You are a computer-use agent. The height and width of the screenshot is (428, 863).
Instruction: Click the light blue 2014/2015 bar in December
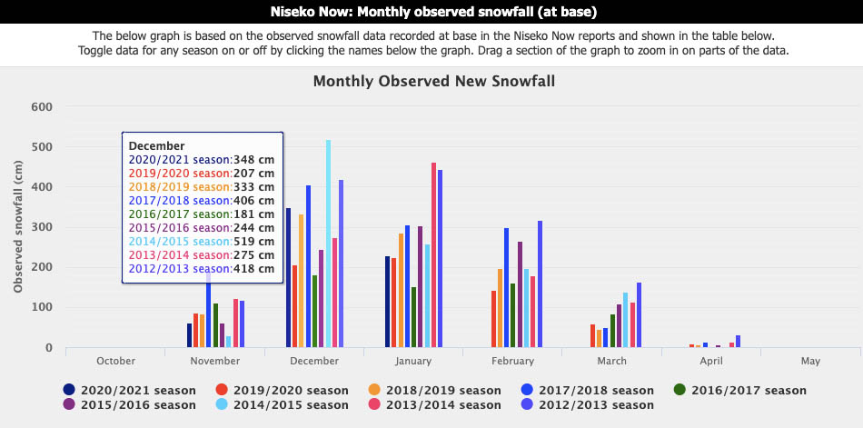coord(329,244)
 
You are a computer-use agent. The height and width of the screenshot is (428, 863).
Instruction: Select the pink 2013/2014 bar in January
coord(433,255)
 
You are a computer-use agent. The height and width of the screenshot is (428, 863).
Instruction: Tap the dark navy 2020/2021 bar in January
coord(388,302)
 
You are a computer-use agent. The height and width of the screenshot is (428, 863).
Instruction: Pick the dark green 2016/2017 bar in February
coord(513,315)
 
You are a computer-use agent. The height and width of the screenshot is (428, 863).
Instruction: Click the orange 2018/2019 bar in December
coord(301,281)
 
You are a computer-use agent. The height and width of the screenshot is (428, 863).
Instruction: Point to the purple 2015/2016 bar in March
coord(619,326)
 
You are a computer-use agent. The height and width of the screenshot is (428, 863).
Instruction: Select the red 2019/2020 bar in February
coord(493,319)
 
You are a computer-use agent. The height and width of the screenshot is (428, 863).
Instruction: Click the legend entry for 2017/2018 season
coord(587,391)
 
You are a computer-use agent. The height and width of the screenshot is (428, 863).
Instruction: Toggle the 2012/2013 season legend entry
coord(587,405)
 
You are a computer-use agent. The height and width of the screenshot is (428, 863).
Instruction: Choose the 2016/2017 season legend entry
coord(740,391)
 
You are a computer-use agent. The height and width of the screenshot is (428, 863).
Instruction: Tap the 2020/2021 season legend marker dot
coord(69,390)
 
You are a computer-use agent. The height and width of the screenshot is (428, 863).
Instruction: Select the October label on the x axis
coord(115,362)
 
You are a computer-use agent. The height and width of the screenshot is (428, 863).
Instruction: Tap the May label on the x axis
coord(810,362)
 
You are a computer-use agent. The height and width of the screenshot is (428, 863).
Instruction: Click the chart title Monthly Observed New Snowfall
coord(434,82)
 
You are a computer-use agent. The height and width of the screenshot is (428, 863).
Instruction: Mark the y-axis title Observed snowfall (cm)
coord(18,227)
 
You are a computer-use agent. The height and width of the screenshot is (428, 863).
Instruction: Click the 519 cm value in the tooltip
coord(253,242)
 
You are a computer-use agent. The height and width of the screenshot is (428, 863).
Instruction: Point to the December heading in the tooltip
coord(157,146)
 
